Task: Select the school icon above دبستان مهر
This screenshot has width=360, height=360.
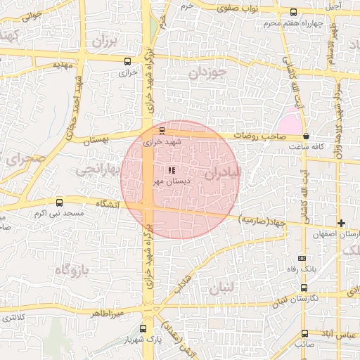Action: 171,169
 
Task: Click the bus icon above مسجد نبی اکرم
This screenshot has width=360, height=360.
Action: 59,202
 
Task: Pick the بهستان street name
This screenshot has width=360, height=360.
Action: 98,141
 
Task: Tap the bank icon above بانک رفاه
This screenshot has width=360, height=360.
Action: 302,258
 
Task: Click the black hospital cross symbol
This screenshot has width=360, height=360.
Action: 342,223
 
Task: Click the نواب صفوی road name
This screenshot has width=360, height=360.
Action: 256,7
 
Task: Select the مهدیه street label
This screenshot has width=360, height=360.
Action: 64,64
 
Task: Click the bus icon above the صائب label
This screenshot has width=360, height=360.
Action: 304,333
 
